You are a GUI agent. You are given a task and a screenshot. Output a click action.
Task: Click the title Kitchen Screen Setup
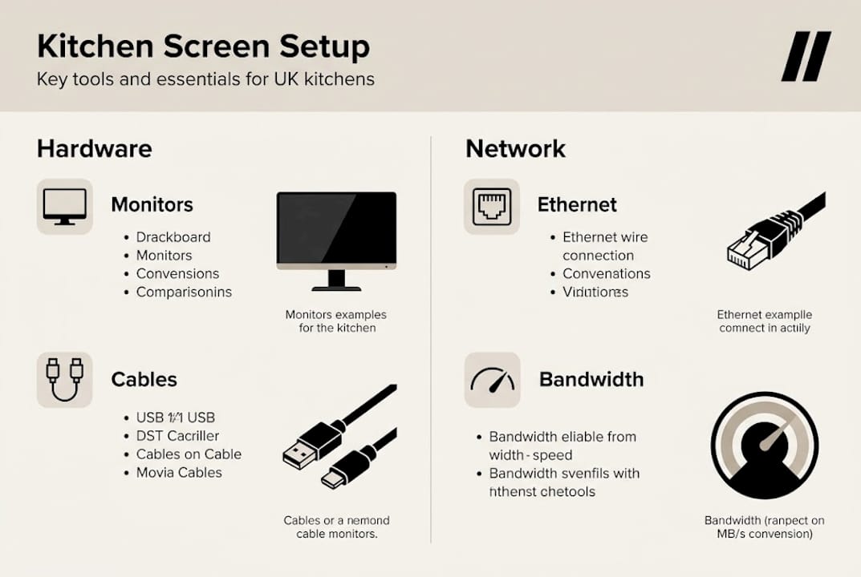pos(203,46)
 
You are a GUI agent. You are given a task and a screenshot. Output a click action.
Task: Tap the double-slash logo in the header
pos(806,56)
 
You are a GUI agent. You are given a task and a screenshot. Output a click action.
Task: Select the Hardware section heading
pos(94,149)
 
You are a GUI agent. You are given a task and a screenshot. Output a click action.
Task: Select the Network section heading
pos(515,149)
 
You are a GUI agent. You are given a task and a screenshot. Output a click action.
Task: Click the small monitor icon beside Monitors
pos(64,207)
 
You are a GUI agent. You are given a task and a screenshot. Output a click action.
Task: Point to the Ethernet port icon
pos(491,207)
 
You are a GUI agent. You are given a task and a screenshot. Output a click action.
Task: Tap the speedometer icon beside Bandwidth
pos(492,380)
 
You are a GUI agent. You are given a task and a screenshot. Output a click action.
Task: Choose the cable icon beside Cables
pos(64,380)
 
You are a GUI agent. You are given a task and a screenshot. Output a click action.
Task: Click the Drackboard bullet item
pos(173,237)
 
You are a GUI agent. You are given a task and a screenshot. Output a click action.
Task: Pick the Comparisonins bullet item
pos(183,292)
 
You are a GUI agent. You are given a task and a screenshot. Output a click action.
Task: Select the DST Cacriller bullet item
pos(178,436)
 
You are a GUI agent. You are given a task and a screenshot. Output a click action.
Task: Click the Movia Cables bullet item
pos(178,472)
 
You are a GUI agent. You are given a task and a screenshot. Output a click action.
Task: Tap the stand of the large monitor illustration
pos(336,281)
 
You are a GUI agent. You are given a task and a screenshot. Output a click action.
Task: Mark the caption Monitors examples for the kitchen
pos(336,321)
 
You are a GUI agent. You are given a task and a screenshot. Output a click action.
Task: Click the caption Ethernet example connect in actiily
pos(764,321)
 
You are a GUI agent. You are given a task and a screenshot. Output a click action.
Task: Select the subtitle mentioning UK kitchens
pos(205,80)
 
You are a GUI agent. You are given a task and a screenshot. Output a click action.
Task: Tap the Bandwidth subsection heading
pos(591,379)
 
